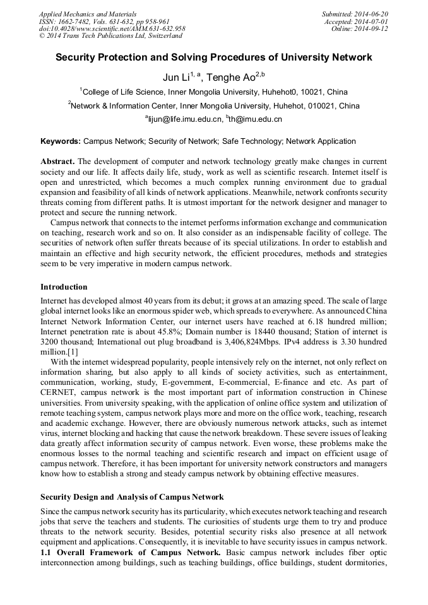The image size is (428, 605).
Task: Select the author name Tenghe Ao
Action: coord(230,78)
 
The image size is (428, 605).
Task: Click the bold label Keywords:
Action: coord(61,141)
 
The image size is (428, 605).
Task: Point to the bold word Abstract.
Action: coord(58,162)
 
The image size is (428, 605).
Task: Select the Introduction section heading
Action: coord(64,286)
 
